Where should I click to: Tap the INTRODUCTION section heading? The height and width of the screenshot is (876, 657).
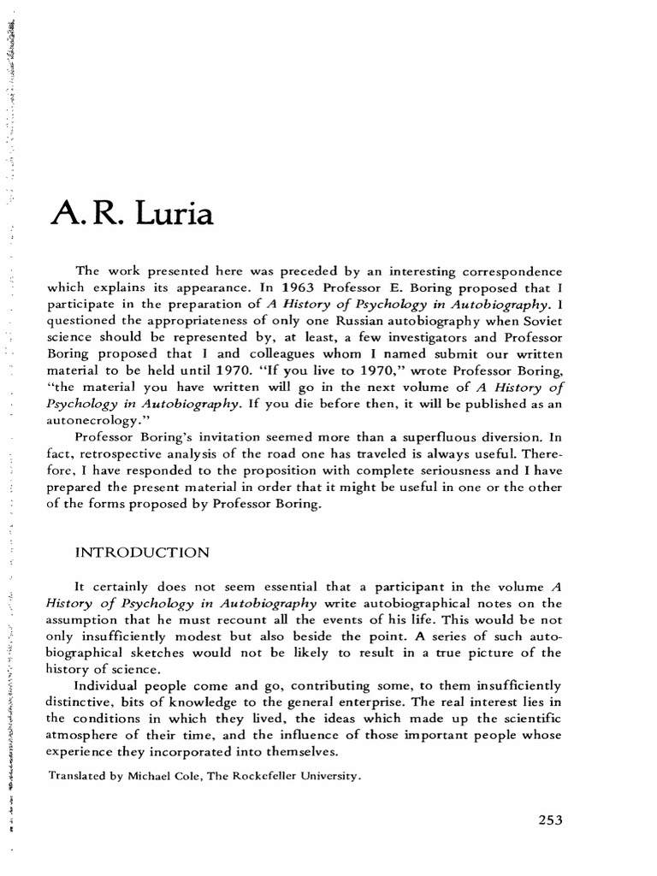(x=142, y=553)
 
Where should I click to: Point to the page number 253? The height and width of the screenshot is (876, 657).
(x=540, y=819)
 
